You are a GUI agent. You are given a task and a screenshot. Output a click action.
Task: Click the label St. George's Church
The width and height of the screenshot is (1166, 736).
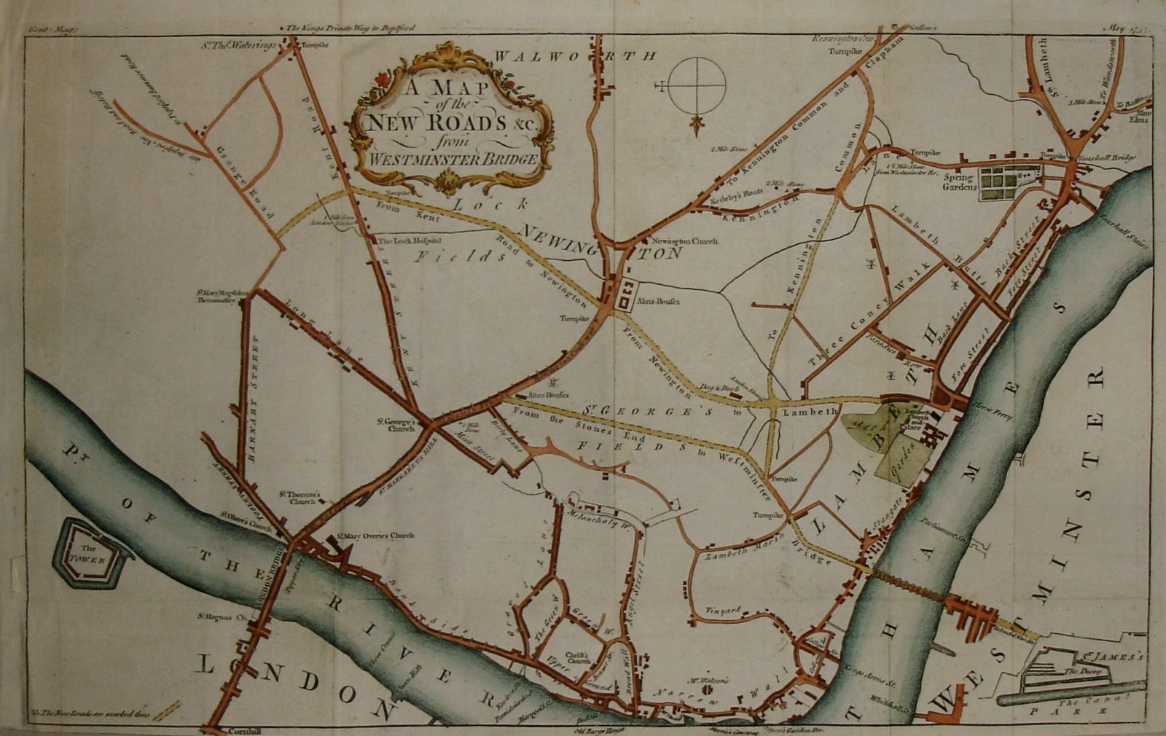click(396, 425)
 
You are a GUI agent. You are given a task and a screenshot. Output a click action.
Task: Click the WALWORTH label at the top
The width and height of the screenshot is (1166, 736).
click(576, 55)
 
